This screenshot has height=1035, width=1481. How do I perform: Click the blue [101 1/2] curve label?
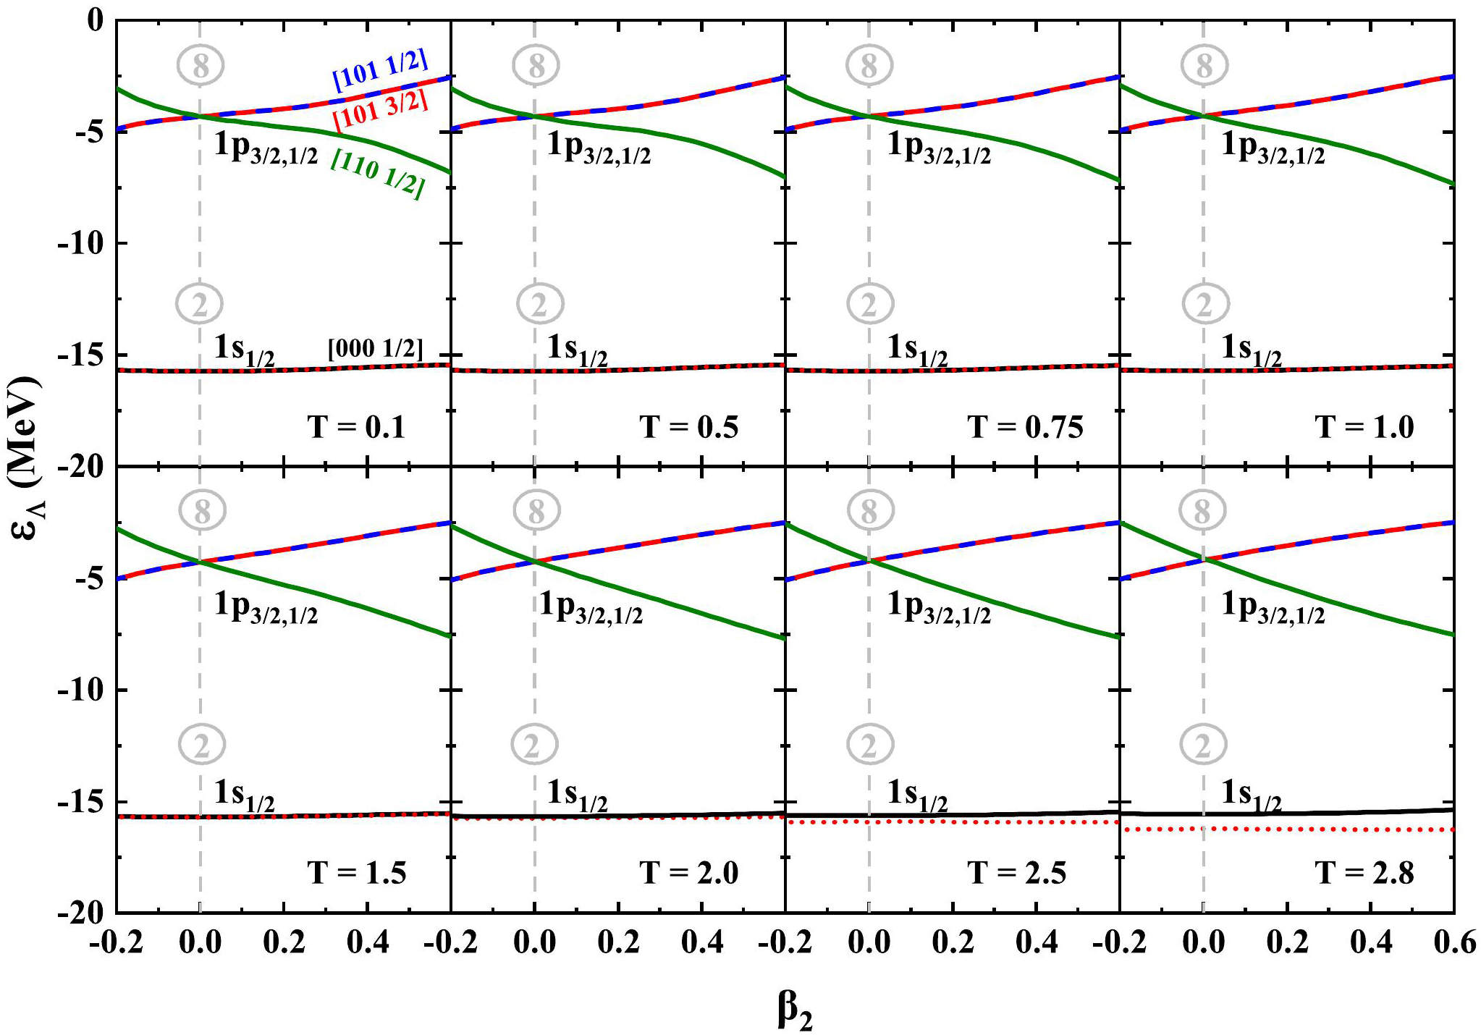(380, 69)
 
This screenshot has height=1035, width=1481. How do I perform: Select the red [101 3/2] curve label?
(381, 111)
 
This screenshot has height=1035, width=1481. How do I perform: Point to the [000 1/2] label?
(375, 348)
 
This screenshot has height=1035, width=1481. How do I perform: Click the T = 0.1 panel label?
(356, 427)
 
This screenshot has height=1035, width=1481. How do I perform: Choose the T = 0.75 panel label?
(1025, 427)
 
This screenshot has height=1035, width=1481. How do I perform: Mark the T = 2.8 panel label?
(1364, 873)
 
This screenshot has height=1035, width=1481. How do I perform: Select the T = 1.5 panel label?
(356, 873)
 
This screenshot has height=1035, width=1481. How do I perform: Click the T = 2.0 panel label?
(688, 873)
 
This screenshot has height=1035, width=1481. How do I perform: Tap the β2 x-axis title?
(795, 1010)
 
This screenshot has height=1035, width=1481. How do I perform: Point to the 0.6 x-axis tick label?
(1453, 942)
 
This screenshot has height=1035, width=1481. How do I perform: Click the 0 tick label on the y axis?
(96, 20)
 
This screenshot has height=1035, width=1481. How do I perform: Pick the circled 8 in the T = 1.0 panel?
(1204, 65)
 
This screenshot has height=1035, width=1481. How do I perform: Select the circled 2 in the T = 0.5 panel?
(540, 304)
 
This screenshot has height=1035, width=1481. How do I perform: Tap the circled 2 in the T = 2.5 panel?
(870, 745)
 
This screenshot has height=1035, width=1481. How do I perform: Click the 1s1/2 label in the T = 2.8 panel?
(1251, 794)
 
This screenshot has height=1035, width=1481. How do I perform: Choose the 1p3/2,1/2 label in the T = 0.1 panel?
(266, 148)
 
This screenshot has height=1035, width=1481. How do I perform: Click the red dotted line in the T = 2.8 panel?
(1303, 829)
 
